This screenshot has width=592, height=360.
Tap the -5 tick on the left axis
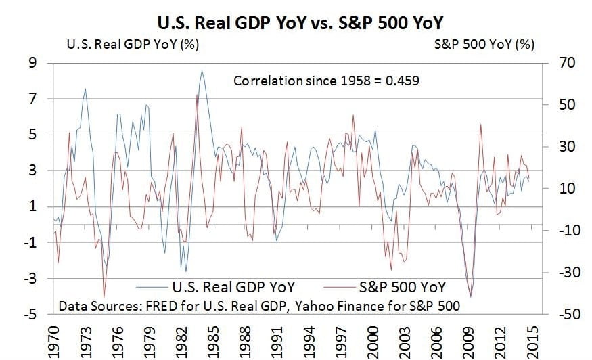[30, 315]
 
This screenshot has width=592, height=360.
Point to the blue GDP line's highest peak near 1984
[202, 71]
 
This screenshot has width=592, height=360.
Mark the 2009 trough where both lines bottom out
[470, 295]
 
